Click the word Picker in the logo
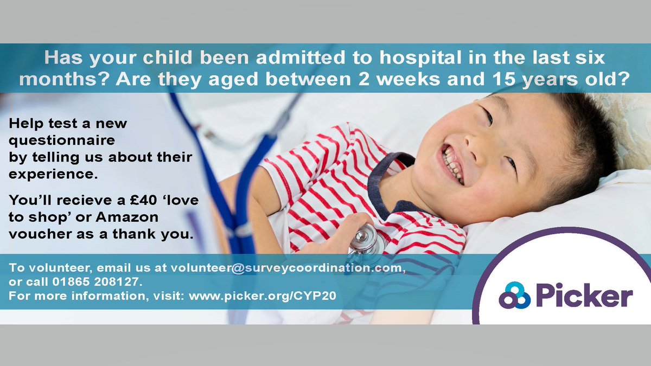click(x=584, y=298)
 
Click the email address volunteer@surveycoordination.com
click(x=288, y=268)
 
